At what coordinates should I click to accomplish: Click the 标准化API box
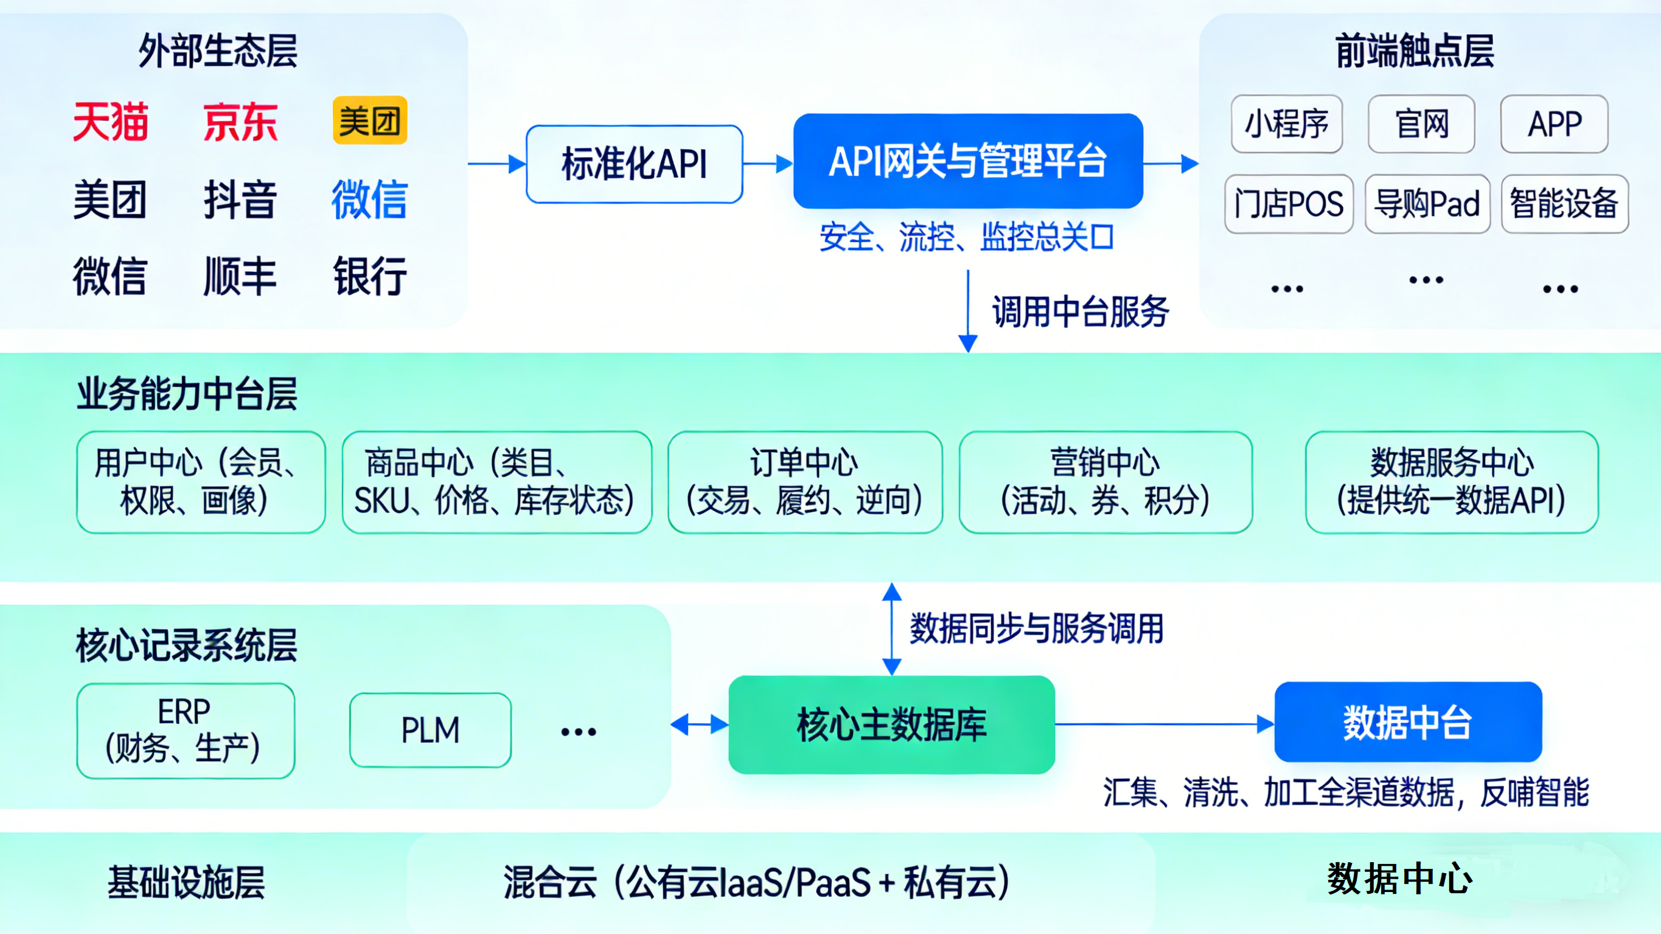coord(635,164)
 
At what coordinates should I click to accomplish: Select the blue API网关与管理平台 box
coord(968,161)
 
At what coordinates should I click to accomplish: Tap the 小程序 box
coord(1286,124)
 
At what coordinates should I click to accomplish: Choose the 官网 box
coord(1421,124)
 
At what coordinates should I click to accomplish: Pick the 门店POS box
coord(1288,204)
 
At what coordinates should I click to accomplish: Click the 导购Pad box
coord(1427,204)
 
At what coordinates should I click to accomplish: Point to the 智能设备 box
coord(1564,204)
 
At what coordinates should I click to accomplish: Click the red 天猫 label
coord(110,121)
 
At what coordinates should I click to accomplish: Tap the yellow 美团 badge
coord(369,120)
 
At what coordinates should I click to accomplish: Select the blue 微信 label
coord(369,200)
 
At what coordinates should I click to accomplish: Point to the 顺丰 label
coord(240,276)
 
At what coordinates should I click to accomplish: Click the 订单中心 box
coord(805,482)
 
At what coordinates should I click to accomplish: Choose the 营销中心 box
coord(1105,482)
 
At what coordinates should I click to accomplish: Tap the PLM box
coord(430,730)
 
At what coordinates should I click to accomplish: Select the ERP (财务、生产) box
coord(185,730)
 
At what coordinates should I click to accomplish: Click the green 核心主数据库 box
coord(891,724)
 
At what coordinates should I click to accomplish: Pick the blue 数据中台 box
coord(1408,722)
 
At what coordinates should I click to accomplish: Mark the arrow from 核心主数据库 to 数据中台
coord(1165,723)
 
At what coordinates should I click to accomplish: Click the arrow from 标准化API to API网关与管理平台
coord(767,164)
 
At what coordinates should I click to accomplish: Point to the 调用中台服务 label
coord(1080,312)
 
